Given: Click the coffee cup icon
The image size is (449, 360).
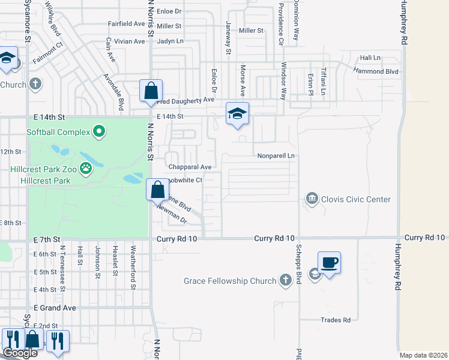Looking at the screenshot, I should click(330, 262).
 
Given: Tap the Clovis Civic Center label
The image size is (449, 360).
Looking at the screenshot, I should click(357, 199).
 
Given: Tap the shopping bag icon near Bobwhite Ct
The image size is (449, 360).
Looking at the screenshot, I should click(157, 190).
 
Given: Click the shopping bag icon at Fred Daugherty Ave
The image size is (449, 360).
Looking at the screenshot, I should click(151, 91).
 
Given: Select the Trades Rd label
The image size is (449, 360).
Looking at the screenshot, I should click(335, 320).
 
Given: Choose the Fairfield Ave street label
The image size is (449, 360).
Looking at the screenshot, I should click(126, 24).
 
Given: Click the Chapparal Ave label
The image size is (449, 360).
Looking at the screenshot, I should click(190, 167).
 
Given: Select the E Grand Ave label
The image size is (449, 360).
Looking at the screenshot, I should click(55, 308).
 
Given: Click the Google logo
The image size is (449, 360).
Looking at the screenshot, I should click(20, 353).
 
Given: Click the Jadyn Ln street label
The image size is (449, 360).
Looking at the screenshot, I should click(170, 41).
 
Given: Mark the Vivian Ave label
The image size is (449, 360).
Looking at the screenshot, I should click(130, 41).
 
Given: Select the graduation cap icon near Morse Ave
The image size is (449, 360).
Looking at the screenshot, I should click(237, 113).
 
